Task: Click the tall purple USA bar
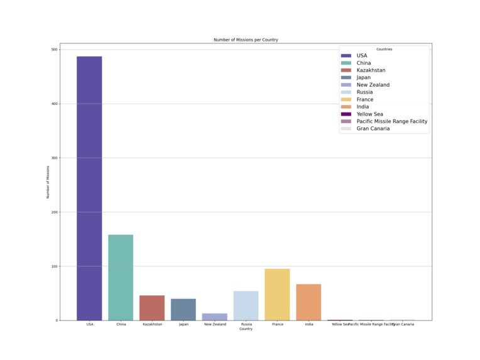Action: click(89, 188)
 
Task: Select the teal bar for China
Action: click(121, 278)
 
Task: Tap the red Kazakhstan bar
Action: click(152, 308)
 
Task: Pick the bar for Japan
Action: click(183, 310)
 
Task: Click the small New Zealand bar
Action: click(215, 317)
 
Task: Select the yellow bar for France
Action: click(277, 295)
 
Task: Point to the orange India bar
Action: click(308, 302)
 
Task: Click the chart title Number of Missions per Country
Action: click(246, 40)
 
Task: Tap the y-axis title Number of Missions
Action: click(48, 182)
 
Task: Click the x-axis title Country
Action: click(246, 329)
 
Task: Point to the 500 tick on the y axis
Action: click(54, 50)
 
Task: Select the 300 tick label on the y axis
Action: click(54, 158)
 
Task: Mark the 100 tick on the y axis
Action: click(54, 266)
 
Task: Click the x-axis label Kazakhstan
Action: click(152, 324)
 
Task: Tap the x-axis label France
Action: click(277, 324)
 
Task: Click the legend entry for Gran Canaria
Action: click(373, 129)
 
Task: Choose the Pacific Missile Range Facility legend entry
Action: click(391, 121)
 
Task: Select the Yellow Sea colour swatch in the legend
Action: click(346, 114)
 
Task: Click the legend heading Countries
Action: click(384, 49)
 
